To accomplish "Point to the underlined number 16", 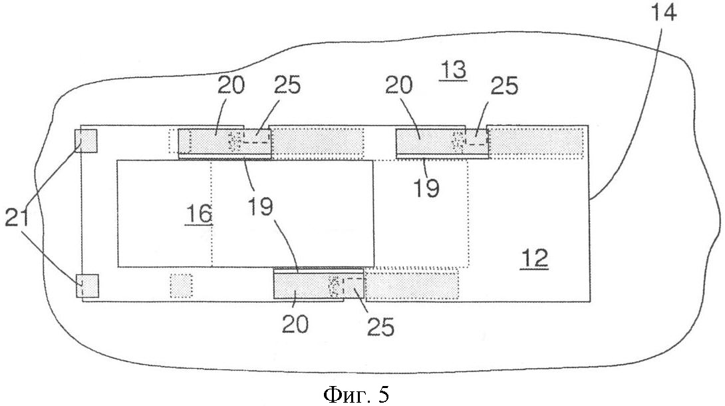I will [x=199, y=214].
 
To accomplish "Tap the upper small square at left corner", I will [x=86, y=141].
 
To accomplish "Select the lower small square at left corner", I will [x=87, y=285].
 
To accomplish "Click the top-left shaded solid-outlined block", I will [x=225, y=142].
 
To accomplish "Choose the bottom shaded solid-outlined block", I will [x=319, y=286].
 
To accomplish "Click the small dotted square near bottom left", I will [x=181, y=286].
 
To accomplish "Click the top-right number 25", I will [x=504, y=85].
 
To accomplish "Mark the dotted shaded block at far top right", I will [x=536, y=142].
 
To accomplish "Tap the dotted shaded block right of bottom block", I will [x=412, y=285].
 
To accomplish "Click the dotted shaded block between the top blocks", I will [x=319, y=142].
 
